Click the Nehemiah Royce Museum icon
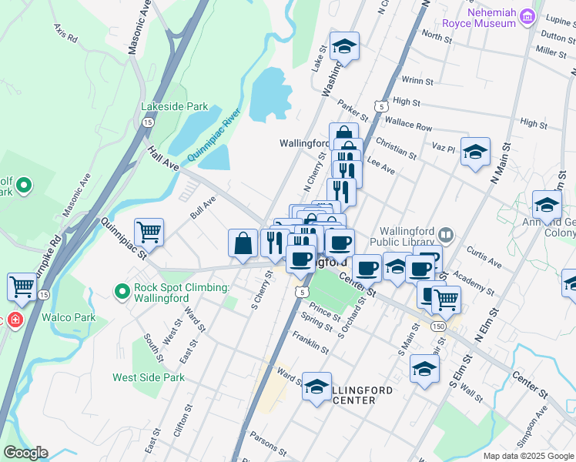pos(527,17)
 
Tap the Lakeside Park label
pos(164,106)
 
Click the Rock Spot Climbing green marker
pos(121,292)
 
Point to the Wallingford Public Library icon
pos(446,233)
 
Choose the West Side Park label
pos(149,377)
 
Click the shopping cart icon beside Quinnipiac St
pos(149,232)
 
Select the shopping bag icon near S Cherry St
pos(243,243)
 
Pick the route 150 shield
pos(438,326)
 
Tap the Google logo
pos(25,453)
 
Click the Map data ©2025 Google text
pos(528,456)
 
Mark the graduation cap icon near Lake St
pos(344,46)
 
